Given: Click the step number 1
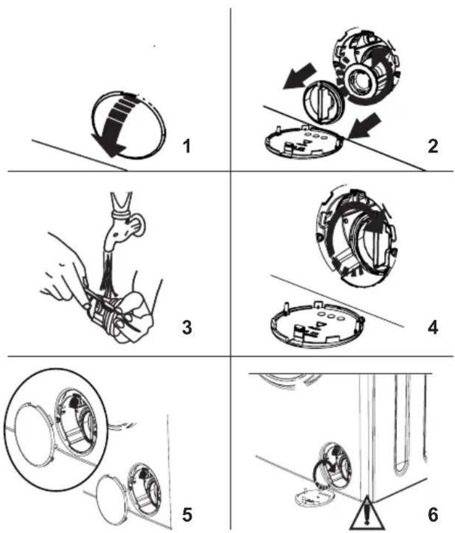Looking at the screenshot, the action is (x=186, y=147).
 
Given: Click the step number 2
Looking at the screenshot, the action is (x=432, y=147).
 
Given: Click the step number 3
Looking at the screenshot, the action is (x=187, y=327).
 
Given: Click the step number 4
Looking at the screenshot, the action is (x=432, y=327).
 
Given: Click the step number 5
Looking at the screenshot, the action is (x=187, y=515).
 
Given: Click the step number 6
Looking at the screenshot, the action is (x=432, y=515).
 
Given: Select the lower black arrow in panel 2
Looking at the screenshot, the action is (x=364, y=126).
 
